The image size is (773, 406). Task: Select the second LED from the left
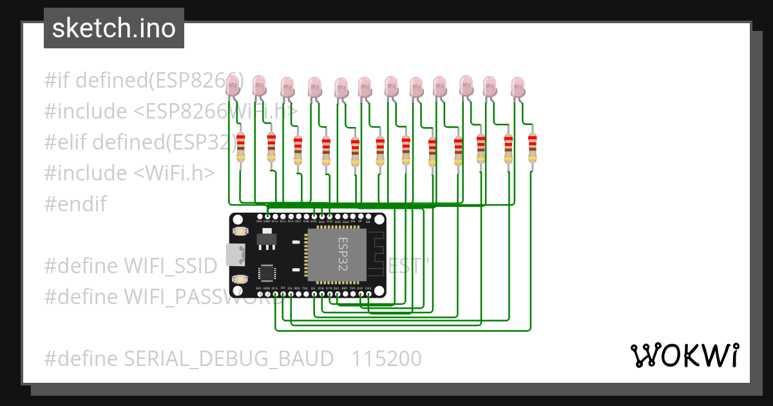click(x=259, y=84)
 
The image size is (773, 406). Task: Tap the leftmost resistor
click(x=241, y=147)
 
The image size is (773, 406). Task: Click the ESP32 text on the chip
click(x=343, y=253)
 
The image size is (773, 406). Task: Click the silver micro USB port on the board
click(x=236, y=255)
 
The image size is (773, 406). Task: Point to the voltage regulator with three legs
click(x=265, y=240)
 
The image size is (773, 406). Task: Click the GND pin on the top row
click(x=267, y=217)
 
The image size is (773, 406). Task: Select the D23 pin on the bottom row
click(x=368, y=294)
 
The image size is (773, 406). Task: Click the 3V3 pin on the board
click(x=259, y=294)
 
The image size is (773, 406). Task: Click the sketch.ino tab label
click(x=114, y=28)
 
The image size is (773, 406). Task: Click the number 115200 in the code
click(x=386, y=358)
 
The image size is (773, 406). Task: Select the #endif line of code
click(x=75, y=204)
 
